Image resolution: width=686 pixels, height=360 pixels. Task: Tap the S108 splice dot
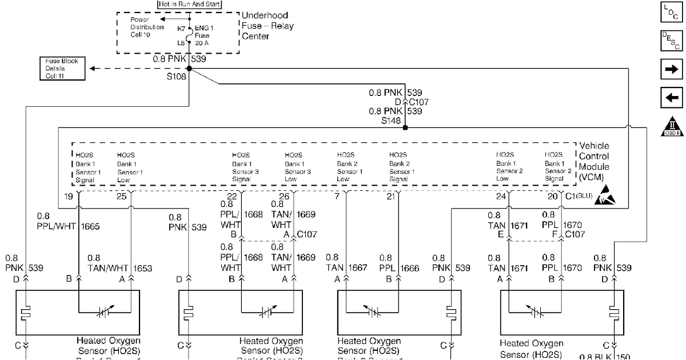tap(189, 69)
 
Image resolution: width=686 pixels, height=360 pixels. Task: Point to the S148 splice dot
tap(405, 127)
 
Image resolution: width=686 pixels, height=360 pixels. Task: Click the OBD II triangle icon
tap(671, 126)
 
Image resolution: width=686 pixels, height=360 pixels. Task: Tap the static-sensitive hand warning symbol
tap(605, 197)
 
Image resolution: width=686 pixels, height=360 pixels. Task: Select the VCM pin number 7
tap(337, 197)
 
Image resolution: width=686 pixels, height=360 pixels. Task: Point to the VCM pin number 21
tap(390, 197)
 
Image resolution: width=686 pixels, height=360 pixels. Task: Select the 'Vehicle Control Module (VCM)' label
tap(594, 162)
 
